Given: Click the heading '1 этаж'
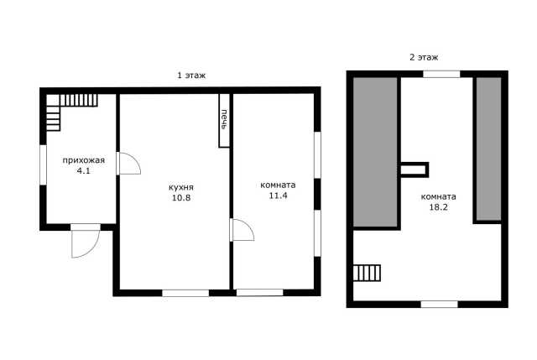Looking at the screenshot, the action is tap(191, 76).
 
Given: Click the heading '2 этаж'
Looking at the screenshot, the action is tap(424, 57).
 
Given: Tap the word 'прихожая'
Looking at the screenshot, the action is tap(84, 160).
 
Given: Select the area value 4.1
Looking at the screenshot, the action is tap(83, 170).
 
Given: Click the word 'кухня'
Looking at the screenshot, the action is tap(181, 187).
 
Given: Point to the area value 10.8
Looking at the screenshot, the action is tap(181, 198).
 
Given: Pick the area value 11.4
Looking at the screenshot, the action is tap(278, 196).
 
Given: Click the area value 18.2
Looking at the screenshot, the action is tap(438, 207).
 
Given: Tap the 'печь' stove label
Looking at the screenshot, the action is tap(224, 119).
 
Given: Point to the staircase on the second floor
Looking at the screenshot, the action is tap(367, 273).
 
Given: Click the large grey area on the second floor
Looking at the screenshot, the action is tap(375, 152).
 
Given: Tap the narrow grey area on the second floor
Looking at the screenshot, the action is tap(488, 149).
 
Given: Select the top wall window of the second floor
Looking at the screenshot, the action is tap(441, 74).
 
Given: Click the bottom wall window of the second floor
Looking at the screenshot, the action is tap(439, 304).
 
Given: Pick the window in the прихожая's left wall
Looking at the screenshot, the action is tap(43, 165).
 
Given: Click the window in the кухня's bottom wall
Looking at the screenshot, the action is tap(185, 293).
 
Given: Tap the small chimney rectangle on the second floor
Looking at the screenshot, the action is tap(414, 170).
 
